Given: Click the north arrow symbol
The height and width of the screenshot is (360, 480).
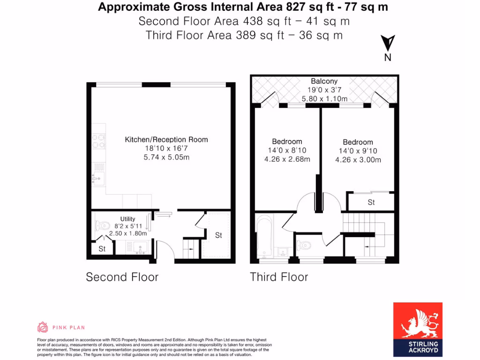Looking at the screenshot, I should pyautogui.click(x=388, y=44).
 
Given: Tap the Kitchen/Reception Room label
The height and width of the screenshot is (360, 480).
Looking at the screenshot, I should pyautogui.click(x=166, y=139).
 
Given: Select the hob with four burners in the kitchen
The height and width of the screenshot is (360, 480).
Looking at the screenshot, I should pyautogui.click(x=99, y=141).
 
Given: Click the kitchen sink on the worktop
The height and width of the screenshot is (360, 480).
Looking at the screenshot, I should pyautogui.click(x=98, y=178).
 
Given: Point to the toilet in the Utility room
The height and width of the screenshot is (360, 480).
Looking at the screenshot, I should pyautogui.click(x=102, y=225).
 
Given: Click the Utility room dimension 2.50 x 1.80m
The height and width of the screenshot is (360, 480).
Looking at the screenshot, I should pyautogui.click(x=127, y=233).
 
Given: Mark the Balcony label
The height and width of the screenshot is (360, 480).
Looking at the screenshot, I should pyautogui.click(x=324, y=81).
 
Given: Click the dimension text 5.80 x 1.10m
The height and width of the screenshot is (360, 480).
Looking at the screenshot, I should pyautogui.click(x=324, y=98).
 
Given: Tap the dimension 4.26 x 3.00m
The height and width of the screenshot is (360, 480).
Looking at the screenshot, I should pyautogui.click(x=358, y=160).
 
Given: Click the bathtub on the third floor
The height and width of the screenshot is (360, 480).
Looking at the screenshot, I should pyautogui.click(x=265, y=237).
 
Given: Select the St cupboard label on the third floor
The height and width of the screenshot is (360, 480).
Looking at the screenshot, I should pyautogui.click(x=371, y=202).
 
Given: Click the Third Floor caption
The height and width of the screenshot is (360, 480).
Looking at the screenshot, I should pyautogui.click(x=279, y=277).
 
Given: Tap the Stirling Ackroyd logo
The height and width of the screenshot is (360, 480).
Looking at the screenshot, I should pyautogui.click(x=417, y=330).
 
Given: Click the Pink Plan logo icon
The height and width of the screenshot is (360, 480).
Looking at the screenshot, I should pyautogui.click(x=43, y=327).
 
